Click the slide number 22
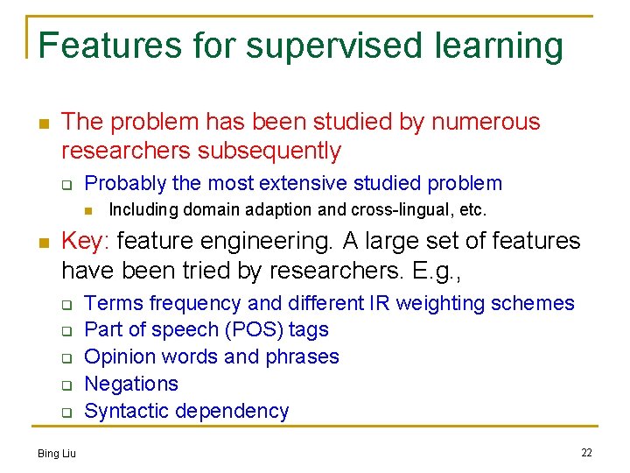point(586,453)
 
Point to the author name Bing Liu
point(57,453)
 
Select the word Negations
point(131,384)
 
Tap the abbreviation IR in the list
point(380,303)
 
